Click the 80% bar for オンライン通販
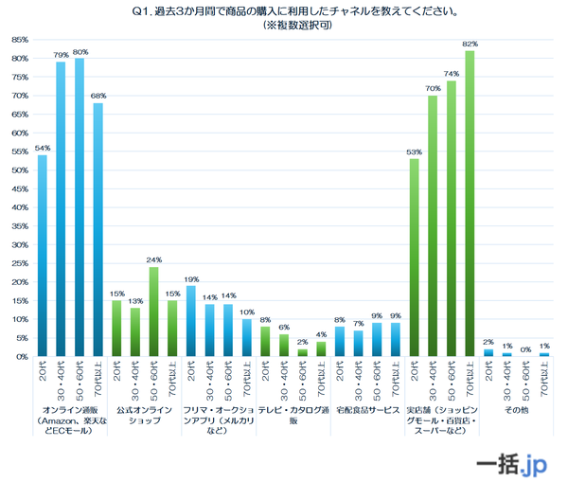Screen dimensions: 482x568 [x=79, y=207]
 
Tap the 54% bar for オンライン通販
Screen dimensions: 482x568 [x=42, y=256]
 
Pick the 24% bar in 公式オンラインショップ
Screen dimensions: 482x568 [x=152, y=312]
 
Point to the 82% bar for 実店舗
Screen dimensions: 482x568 [x=470, y=204]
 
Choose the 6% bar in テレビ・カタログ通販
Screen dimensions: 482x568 [x=283, y=346]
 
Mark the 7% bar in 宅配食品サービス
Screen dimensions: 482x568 [x=358, y=344]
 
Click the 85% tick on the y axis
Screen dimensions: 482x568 [x=18, y=40]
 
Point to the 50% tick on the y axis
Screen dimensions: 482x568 [x=18, y=170]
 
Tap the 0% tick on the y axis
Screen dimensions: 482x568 [x=20, y=357]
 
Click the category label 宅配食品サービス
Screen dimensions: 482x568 [x=366, y=411]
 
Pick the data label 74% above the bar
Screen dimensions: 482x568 [x=451, y=73]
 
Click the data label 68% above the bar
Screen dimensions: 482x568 [x=98, y=96]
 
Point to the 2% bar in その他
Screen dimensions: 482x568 [x=488, y=353]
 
